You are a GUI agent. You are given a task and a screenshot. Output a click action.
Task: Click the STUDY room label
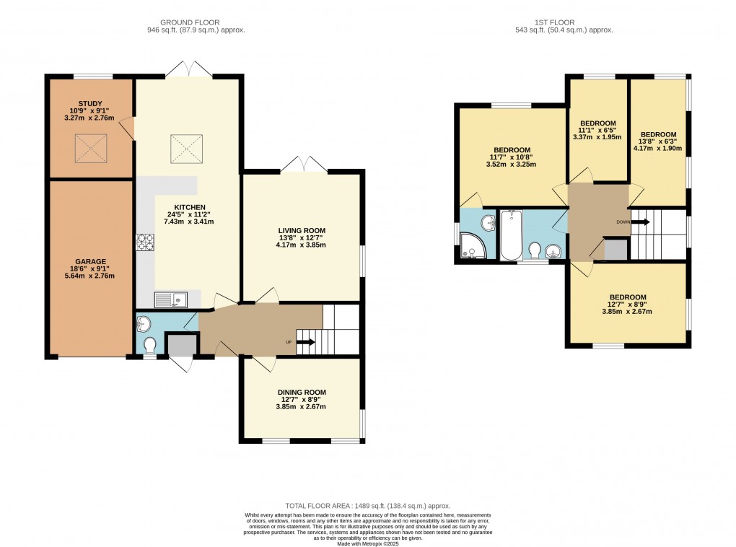pyautogui.click(x=91, y=103)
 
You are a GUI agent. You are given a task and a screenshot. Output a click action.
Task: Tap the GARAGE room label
pyautogui.click(x=91, y=261)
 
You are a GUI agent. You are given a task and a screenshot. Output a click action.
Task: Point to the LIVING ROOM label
pyautogui.click(x=302, y=230)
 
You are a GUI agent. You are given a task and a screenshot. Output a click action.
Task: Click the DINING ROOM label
pyautogui.click(x=302, y=392)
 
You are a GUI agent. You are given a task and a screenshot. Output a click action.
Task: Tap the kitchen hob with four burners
pyautogui.click(x=144, y=242)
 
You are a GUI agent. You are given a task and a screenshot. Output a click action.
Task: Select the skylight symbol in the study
pyautogui.click(x=91, y=149)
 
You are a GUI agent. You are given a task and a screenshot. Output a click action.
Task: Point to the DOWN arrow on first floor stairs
pyautogui.click(x=640, y=222)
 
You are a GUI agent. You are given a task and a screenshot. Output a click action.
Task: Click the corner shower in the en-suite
pyautogui.click(x=473, y=246)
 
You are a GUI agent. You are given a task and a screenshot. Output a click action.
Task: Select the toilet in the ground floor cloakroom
pyautogui.click(x=150, y=344)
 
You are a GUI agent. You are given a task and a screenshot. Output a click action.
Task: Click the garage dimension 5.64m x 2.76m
pyautogui.click(x=91, y=276)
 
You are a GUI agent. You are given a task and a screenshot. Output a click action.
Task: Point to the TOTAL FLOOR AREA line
pyautogui.click(x=368, y=507)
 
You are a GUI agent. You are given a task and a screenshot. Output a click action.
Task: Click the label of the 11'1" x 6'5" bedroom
pyautogui.click(x=598, y=123)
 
